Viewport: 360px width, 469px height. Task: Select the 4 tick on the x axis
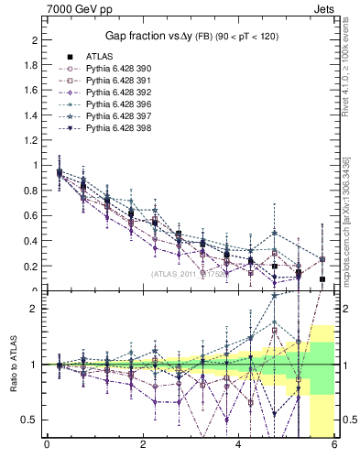tap(239, 446)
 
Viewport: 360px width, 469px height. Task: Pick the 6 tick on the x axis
tap(335, 446)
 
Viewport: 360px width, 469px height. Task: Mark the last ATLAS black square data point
tap(322, 278)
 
